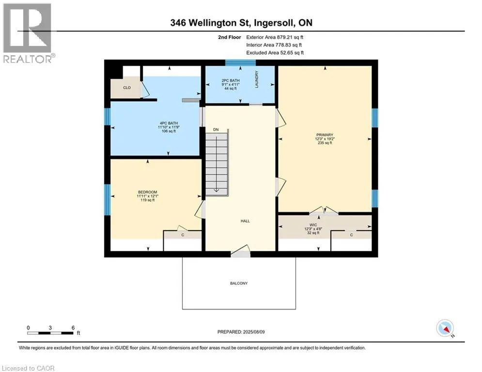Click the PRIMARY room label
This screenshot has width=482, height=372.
tap(325, 135)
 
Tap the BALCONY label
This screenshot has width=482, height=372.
tap(239, 283)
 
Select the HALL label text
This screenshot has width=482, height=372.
tap(245, 221)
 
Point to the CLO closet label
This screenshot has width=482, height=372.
tap(127, 88)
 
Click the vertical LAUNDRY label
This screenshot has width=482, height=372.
tap(256, 79)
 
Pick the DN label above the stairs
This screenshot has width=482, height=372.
tap(216, 130)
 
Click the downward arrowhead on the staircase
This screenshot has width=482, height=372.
tap(217, 190)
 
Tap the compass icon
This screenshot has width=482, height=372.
tap(445, 328)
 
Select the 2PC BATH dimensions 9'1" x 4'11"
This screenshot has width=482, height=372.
tap(231, 85)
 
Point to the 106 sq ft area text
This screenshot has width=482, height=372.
tap(169, 131)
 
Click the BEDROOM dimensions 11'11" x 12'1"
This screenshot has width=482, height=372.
tap(148, 196)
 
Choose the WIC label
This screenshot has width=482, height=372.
tap(313, 225)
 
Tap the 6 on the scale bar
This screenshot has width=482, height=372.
tap(73, 328)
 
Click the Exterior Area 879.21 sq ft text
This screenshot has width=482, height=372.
tap(275, 37)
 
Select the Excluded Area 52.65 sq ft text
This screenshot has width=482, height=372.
tap(275, 53)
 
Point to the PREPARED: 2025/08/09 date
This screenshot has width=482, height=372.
tap(241, 332)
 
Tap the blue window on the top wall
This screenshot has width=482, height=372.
tap(240, 62)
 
